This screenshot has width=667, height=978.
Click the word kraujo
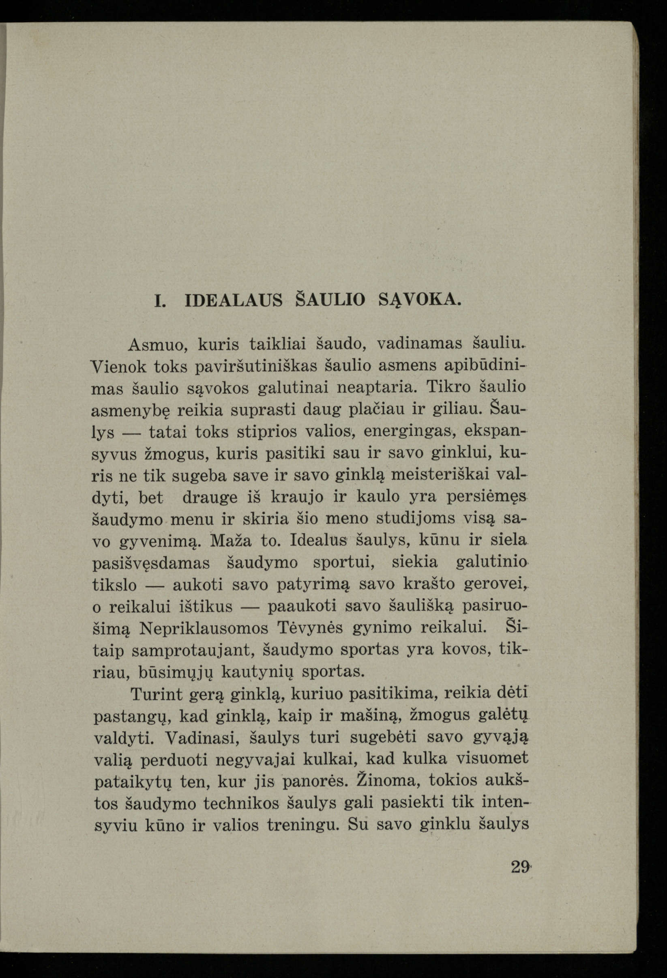click(x=296, y=498)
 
